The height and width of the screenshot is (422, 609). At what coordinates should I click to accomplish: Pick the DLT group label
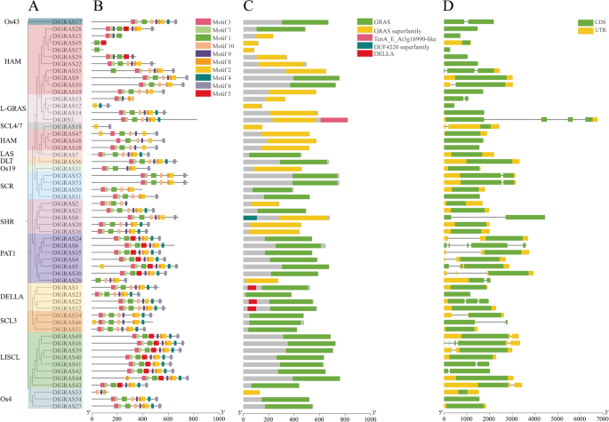point(9,161)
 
